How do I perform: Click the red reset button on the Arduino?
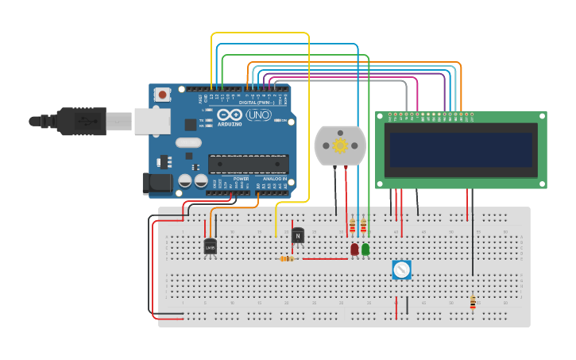coord(163,95)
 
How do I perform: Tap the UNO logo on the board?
coord(258,116)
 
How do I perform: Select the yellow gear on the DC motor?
coord(340,145)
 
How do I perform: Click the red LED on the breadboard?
coord(354,249)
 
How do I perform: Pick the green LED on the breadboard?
coord(365,249)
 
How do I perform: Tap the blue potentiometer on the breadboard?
coord(401,270)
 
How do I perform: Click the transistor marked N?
coord(298,235)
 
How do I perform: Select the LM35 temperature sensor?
coord(210,247)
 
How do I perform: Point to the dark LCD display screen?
coord(461,149)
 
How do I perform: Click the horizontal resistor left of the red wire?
coord(287,258)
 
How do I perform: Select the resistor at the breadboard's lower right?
coord(473,302)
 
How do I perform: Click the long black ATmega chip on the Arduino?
coord(248,164)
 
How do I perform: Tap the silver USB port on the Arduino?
coord(152,122)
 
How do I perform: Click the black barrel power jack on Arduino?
coord(157,184)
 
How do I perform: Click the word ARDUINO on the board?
coord(229,124)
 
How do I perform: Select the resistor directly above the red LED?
coord(352,227)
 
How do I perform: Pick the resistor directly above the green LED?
coord(363,227)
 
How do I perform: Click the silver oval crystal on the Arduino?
coord(188,143)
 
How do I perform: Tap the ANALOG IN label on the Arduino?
coord(273,179)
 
